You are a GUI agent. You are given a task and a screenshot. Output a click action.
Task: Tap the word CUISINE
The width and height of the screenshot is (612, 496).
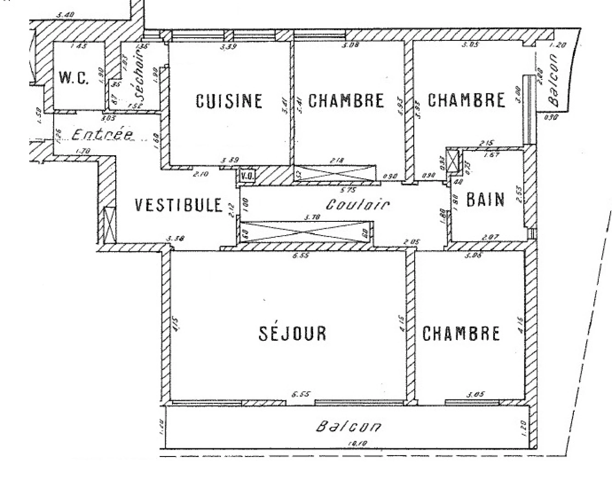click(229, 101)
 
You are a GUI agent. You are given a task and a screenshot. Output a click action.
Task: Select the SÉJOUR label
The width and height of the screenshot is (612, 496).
click(292, 333)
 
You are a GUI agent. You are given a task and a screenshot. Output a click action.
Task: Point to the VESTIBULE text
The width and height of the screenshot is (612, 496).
click(179, 205)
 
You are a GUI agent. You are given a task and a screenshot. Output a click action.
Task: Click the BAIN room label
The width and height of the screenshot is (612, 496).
click(485, 200)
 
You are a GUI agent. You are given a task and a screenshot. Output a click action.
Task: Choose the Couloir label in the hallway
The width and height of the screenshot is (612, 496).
click(358, 204)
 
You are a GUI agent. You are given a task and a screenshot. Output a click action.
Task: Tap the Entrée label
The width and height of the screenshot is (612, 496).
click(102, 135)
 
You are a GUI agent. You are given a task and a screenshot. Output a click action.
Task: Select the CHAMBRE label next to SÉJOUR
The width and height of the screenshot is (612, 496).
click(461, 333)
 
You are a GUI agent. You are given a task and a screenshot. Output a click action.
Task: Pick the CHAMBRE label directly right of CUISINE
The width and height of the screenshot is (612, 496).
click(346, 101)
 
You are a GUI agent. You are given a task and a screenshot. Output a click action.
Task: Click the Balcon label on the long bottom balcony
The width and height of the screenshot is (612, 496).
click(348, 427)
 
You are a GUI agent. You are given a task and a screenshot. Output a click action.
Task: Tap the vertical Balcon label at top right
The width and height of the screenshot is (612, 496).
click(554, 81)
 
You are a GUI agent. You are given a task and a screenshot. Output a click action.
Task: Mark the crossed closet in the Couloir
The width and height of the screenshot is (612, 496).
click(306, 231)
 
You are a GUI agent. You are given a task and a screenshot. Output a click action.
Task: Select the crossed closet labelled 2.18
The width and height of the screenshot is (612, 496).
click(334, 173)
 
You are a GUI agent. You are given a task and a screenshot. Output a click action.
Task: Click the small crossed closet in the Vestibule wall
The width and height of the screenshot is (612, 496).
click(109, 225)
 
